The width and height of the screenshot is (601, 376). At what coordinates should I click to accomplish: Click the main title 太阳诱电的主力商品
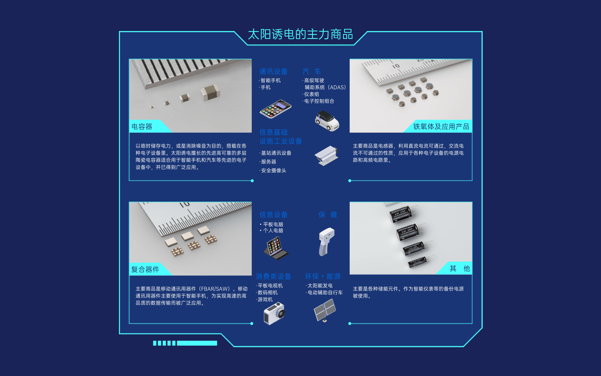coord(300,34)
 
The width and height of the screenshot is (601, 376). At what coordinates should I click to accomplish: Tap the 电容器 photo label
coord(142,127)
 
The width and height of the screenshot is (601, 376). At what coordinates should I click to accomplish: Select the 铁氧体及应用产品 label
coord(441,127)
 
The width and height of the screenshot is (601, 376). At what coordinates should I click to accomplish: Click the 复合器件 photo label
coord(145,269)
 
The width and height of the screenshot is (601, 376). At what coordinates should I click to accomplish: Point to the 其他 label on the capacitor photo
coord(460,269)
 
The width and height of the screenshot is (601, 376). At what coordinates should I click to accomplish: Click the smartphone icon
coord(275,109)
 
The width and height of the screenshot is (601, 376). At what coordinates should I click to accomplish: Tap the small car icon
coord(327,121)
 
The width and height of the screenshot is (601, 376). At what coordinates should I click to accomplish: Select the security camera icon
coord(326,155)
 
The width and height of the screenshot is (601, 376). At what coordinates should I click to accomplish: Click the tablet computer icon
coord(276,248)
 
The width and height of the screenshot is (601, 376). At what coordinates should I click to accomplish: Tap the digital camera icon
coord(274,313)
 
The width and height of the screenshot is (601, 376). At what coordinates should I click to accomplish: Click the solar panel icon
coord(325,310)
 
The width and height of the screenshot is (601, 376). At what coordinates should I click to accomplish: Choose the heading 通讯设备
coord(273,71)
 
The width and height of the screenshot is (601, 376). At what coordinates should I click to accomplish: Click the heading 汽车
coord(312,71)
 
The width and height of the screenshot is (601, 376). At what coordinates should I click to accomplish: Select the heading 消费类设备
coord(273,276)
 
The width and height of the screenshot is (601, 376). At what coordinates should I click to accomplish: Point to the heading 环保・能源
coord(323,276)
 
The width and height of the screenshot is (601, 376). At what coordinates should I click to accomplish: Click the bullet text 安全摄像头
coord(274,170)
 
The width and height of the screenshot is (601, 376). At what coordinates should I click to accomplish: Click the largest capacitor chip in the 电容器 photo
coord(210,92)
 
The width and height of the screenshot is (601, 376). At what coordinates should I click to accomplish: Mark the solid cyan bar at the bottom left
coord(197,343)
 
